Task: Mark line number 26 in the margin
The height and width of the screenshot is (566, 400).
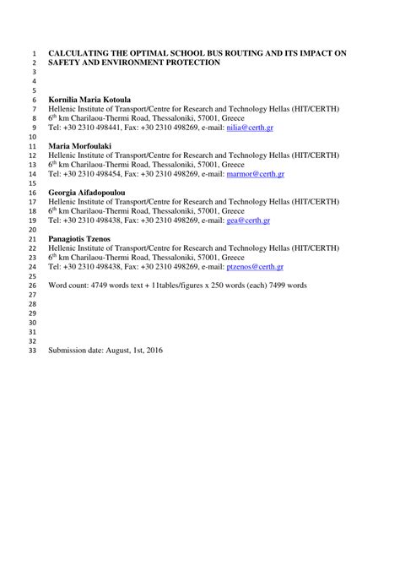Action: (x=31, y=286)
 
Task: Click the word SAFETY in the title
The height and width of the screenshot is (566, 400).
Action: (x=65, y=63)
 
